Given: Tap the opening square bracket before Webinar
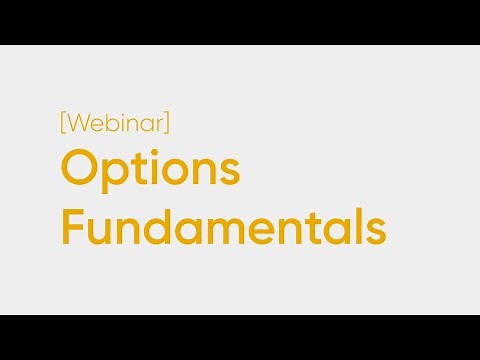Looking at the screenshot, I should pyautogui.click(x=63, y=124).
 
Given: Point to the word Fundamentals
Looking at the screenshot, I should pyautogui.click(x=222, y=226).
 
